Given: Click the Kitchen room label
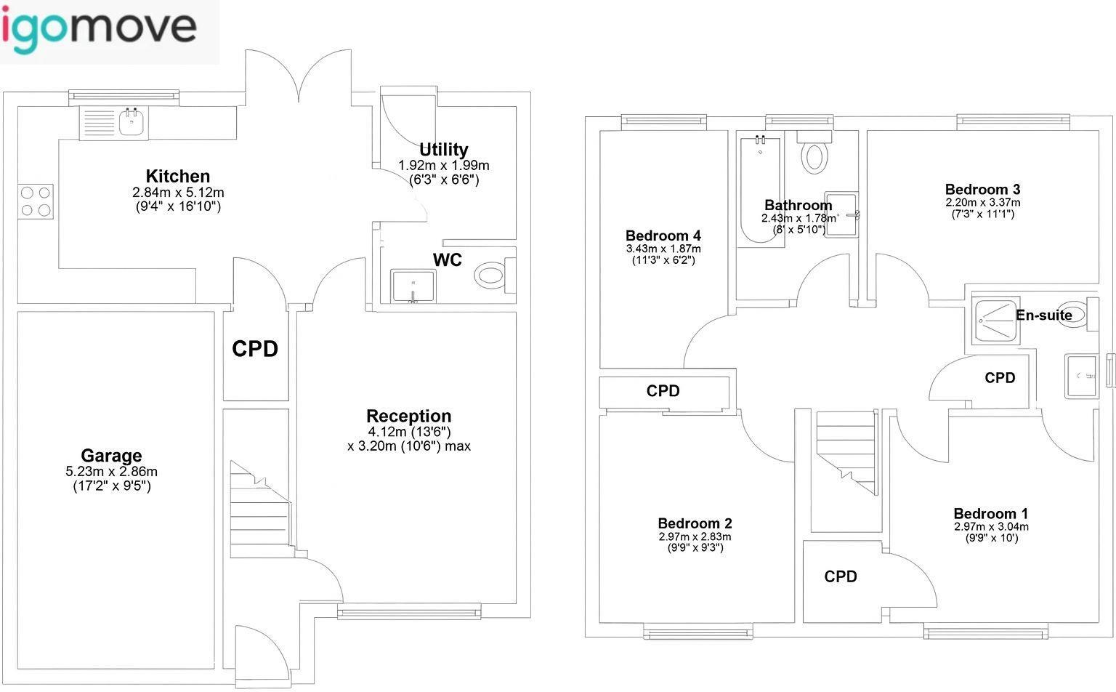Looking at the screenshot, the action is click(178, 176).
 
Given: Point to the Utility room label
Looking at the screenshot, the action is click(443, 150).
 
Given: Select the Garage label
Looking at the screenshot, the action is click(111, 456).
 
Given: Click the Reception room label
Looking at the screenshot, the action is click(408, 416).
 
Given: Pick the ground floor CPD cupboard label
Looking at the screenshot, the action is click(255, 349).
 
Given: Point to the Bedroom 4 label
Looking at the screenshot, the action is click(663, 236).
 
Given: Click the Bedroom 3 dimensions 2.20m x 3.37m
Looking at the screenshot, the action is click(982, 202).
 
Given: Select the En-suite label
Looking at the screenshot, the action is click(1043, 315).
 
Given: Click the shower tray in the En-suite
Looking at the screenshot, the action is click(994, 321).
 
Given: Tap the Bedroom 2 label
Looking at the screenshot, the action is click(695, 523).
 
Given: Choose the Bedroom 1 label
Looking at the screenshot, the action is click(990, 514).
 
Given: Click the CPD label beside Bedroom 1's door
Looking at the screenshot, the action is click(841, 576).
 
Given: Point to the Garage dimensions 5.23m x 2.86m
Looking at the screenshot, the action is click(111, 471).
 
